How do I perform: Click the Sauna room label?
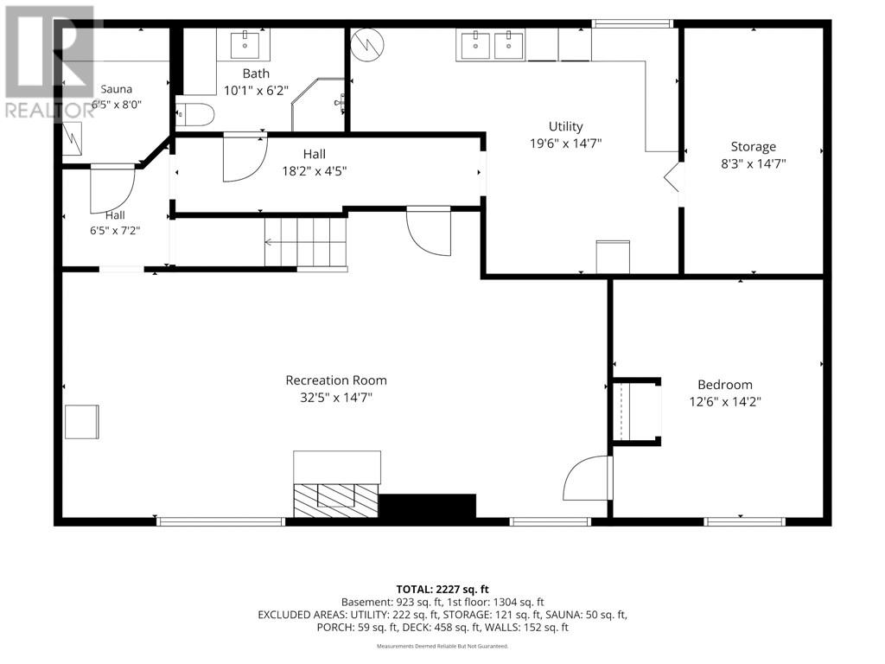117,89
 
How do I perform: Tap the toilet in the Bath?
195,115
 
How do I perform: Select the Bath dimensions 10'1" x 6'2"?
256,90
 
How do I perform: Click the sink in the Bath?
245,45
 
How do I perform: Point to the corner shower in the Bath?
318,105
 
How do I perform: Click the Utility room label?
565,126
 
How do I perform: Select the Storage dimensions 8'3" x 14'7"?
754,163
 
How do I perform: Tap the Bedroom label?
725,385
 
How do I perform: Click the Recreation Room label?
336,380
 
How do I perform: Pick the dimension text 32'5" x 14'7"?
336,398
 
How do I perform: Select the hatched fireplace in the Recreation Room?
336,500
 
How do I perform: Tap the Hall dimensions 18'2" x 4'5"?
315,170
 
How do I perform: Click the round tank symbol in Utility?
366,44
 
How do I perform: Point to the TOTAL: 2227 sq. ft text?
442,590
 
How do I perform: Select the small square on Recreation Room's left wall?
82,422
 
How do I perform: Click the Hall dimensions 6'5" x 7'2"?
115,230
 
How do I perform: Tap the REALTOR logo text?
49,110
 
